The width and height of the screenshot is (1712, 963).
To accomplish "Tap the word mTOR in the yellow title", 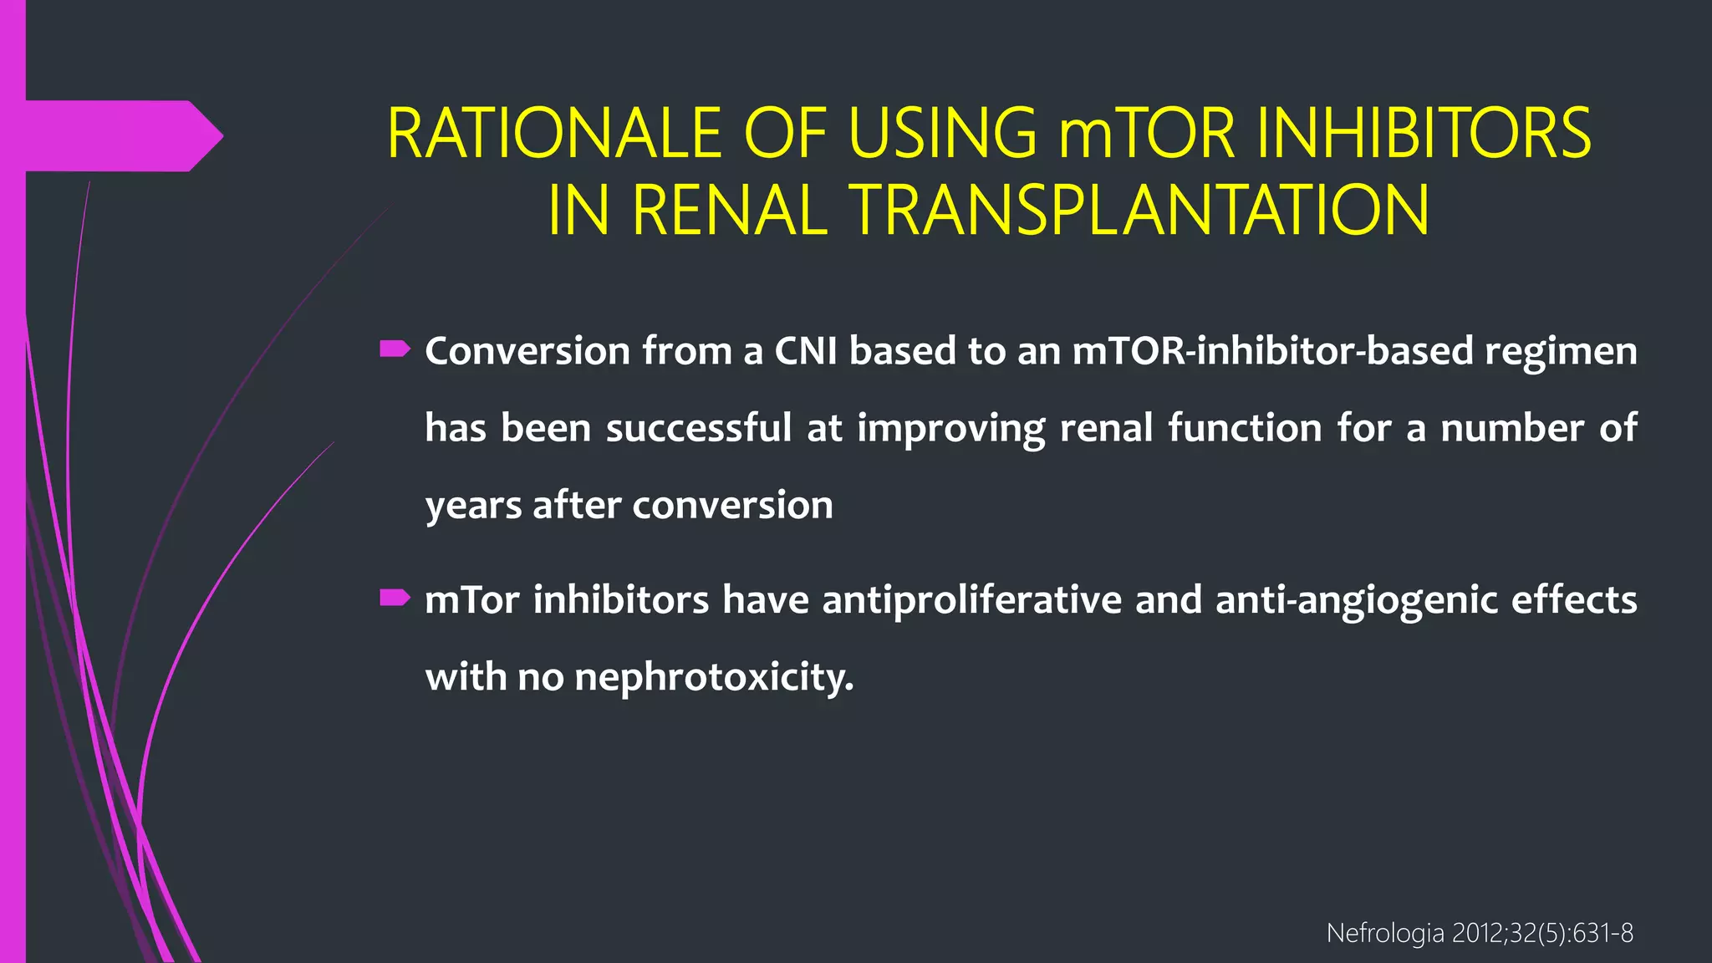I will tap(1148, 134).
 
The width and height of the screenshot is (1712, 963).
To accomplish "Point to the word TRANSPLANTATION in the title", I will tap(1139, 211).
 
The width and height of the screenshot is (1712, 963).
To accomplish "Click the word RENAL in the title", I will tap(730, 211).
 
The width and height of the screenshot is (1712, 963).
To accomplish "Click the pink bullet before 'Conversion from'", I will tap(395, 349).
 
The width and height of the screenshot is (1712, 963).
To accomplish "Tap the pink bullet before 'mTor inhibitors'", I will tap(395, 598).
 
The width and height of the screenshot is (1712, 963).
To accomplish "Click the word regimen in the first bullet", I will tap(1561, 351).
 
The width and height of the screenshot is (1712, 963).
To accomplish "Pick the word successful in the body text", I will tap(699, 428).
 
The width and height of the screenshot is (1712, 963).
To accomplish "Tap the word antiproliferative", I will tap(972, 600).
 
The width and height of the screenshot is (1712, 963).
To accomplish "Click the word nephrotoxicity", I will tap(714, 677).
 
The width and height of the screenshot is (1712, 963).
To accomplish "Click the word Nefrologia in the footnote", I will tap(1385, 933).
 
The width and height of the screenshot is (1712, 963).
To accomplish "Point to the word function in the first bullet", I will tap(1246, 428).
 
